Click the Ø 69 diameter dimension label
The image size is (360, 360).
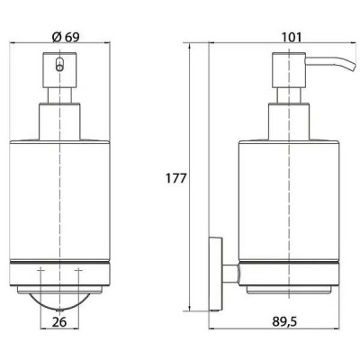[66, 37]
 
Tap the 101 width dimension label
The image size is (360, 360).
[291, 37]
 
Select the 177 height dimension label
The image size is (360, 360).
[176, 178]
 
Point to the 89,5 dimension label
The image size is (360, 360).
[284, 322]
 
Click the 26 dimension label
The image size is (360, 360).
[59, 322]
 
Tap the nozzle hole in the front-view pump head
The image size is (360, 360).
[59, 64]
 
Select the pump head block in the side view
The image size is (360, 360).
[289, 70]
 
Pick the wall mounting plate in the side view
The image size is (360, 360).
[215, 274]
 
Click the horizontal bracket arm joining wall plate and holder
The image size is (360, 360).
[230, 274]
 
